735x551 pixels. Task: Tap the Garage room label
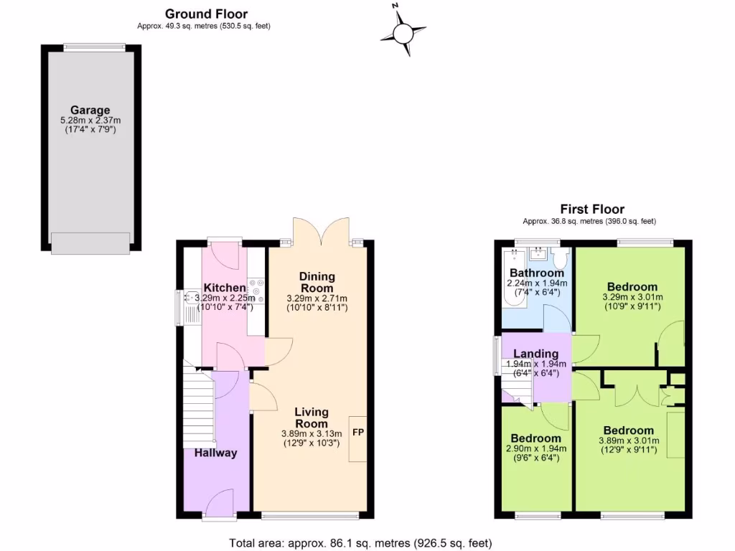(x=90, y=110)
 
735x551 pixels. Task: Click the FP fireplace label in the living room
(x=357, y=433)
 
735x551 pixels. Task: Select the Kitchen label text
(x=224, y=288)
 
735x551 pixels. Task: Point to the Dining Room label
(x=317, y=282)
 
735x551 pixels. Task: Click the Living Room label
(x=312, y=418)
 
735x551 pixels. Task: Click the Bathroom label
(x=536, y=273)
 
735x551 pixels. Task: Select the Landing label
(x=536, y=354)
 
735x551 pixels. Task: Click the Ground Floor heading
(x=206, y=14)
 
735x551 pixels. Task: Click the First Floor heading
(x=592, y=209)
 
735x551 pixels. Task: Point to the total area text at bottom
(x=360, y=543)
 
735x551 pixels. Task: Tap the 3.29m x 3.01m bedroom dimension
(x=632, y=297)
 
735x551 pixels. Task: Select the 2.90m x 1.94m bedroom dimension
(x=535, y=449)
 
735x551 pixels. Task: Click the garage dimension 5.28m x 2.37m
(x=90, y=121)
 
